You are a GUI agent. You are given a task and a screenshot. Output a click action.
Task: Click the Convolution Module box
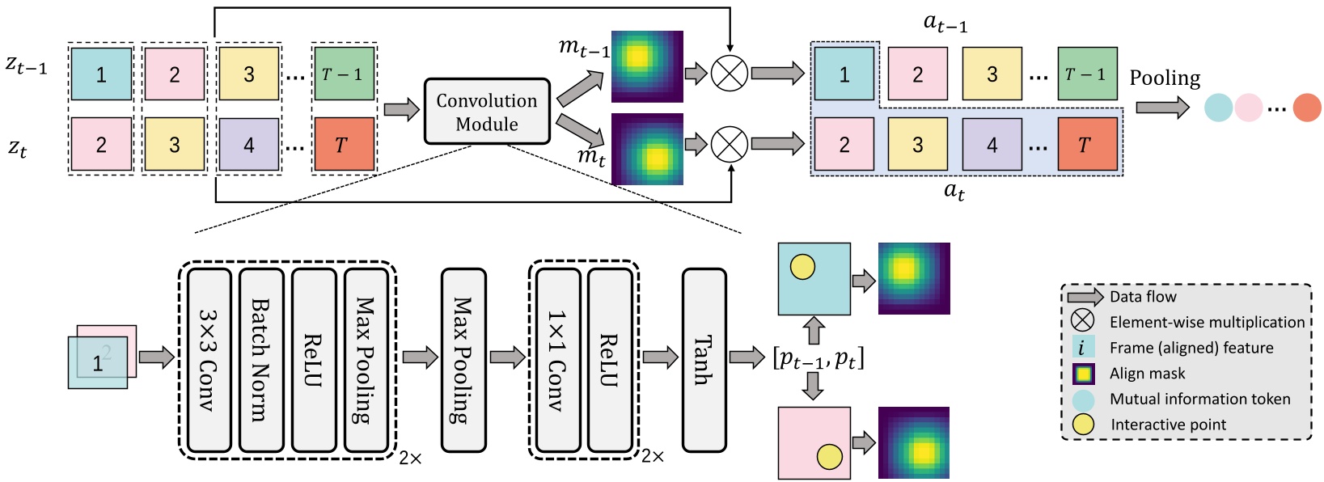tap(487, 112)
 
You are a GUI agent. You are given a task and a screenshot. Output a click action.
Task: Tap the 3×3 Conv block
tap(209, 360)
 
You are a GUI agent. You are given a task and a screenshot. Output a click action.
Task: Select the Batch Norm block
tap(261, 360)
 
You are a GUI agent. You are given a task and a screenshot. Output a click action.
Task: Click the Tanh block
tap(704, 360)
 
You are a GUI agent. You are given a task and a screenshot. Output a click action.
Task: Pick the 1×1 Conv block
tap(558, 360)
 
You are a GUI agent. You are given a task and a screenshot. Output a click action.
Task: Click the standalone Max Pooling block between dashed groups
tap(463, 360)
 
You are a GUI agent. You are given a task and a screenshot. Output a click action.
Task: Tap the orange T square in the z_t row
tap(343, 145)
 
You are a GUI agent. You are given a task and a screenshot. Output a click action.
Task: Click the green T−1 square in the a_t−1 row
tap(1086, 74)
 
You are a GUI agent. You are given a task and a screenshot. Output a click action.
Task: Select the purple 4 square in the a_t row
tap(992, 145)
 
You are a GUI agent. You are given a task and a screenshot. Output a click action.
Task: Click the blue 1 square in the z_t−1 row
tap(101, 74)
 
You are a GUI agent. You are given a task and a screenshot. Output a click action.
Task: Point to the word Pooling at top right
tap(1165, 78)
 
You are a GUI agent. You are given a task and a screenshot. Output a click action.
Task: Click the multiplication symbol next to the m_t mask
tap(729, 144)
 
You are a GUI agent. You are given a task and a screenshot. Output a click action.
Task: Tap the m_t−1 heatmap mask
tap(646, 66)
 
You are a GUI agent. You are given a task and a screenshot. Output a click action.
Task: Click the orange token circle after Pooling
tap(1306, 108)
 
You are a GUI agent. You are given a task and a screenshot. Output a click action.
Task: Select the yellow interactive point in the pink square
tap(829, 457)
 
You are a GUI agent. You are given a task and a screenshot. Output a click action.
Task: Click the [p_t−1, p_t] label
tap(818, 357)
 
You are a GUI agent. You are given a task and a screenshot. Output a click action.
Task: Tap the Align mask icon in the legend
tap(1083, 374)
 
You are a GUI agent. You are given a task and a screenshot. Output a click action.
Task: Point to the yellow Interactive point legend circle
tap(1083, 425)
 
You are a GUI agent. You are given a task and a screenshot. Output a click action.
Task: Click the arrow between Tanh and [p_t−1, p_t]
tap(747, 357)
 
